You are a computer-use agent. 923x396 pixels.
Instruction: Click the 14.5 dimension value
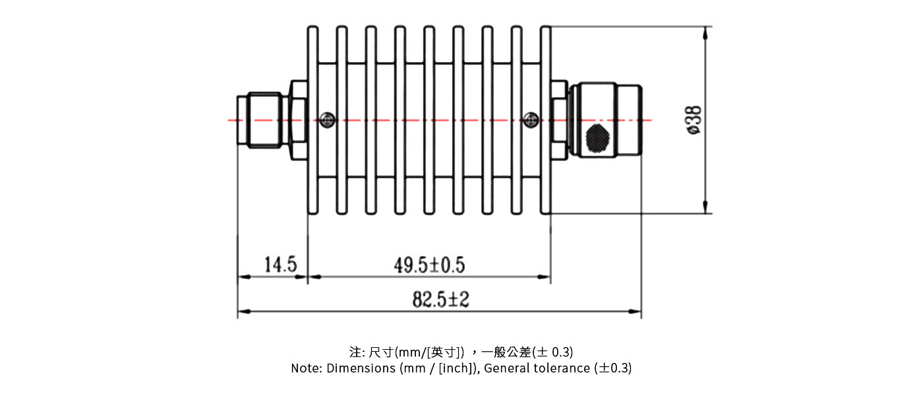pyautogui.click(x=280, y=265)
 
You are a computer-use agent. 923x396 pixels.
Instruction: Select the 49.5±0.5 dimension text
pyautogui.click(x=429, y=265)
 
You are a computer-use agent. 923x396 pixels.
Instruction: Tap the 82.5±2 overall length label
pyautogui.click(x=440, y=300)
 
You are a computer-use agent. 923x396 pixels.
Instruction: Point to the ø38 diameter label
pyautogui.click(x=694, y=120)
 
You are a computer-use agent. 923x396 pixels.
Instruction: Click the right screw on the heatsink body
pyautogui.click(x=530, y=119)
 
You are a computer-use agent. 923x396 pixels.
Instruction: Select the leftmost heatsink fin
pyautogui.click(x=313, y=120)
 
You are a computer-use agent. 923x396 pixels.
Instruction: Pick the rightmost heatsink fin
pyautogui.click(x=545, y=120)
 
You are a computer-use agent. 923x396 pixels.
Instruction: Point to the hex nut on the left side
pyautogui.click(x=298, y=120)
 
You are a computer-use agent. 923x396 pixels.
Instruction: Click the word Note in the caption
pyautogui.click(x=305, y=368)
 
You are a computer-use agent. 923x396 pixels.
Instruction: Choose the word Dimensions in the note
pyautogui.click(x=361, y=368)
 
